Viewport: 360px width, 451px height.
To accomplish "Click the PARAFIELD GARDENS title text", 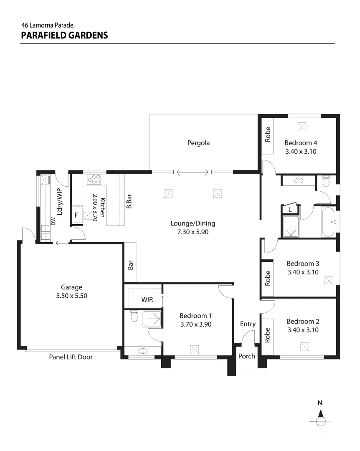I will point(64,35).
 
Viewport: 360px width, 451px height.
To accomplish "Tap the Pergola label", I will point(198,143).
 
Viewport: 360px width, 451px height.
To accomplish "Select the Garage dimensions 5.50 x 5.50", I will point(71,295).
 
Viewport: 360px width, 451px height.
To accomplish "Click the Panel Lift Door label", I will point(71,357).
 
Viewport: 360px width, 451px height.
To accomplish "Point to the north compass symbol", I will point(320,419).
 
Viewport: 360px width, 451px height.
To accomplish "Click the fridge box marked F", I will point(76,215).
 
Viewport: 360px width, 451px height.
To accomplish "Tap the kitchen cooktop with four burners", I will point(94,179).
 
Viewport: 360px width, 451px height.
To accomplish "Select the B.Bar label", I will point(129,202).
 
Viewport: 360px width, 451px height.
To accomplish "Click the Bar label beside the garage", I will point(130,266).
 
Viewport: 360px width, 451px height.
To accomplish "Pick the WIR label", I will point(147,299).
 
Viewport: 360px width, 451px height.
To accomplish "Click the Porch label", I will point(246,356).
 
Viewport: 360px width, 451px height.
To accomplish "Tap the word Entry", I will point(248,324).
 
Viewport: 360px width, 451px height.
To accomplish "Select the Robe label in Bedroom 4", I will point(268,134).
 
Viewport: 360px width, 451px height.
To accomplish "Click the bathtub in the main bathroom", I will point(328,221).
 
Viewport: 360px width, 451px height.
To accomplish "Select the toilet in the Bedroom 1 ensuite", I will point(134,317).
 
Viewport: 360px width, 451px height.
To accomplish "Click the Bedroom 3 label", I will point(303,264).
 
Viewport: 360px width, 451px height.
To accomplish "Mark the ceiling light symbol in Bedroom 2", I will point(304,346).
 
